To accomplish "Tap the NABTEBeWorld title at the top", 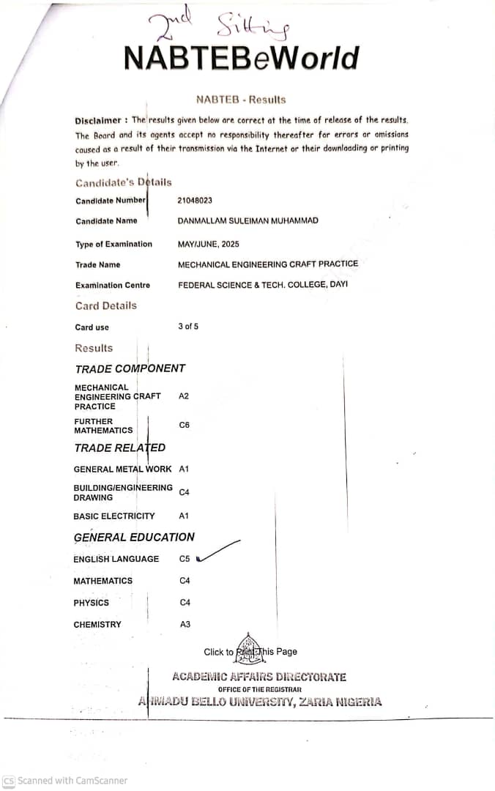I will pos(242,58).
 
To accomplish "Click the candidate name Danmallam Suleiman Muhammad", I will pos(247,220).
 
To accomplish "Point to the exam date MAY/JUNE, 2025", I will pos(208,244).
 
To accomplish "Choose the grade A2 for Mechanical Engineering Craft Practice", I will pos(184,395).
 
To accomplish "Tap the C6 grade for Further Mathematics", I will pos(185,425).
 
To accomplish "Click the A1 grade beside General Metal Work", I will pos(184,469).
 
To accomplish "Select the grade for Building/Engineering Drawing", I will pos(185,492).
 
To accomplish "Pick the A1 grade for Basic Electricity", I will pos(184,516).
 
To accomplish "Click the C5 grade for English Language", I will pos(185,559).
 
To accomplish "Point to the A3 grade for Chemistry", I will pos(185,624).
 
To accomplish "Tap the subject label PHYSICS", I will pos(91,603).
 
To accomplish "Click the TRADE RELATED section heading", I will pos(119,448).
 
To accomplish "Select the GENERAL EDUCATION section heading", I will pos(134,537).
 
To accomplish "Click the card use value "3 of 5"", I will pos(187,327).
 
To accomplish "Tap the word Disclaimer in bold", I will pos(99,120).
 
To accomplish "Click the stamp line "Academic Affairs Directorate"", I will pos(259,677).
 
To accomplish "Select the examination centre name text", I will pos(262,284).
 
